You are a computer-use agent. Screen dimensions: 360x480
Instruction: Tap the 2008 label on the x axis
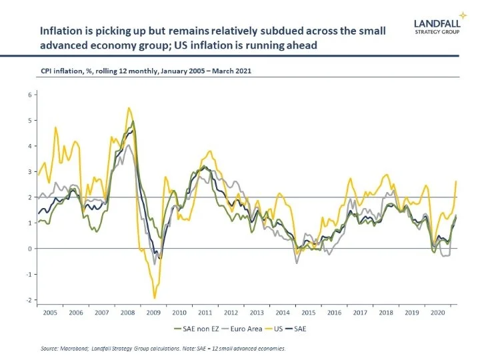pyautogui.click(x=127, y=312)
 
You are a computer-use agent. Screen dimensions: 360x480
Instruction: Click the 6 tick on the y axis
pyautogui.click(x=30, y=95)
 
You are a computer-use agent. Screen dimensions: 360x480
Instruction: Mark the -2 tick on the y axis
pyautogui.click(x=29, y=300)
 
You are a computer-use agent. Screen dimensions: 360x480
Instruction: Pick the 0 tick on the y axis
pyautogui.click(x=30, y=249)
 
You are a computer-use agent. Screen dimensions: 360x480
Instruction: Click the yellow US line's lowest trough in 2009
pyautogui.click(x=155, y=298)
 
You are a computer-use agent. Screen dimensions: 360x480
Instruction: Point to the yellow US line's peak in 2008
pyautogui.click(x=129, y=108)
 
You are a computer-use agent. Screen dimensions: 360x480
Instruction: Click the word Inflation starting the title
pyautogui.click(x=61, y=31)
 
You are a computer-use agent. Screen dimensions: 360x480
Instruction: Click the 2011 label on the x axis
pyautogui.click(x=205, y=312)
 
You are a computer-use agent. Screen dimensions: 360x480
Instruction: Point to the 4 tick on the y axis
pyautogui.click(x=30, y=146)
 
